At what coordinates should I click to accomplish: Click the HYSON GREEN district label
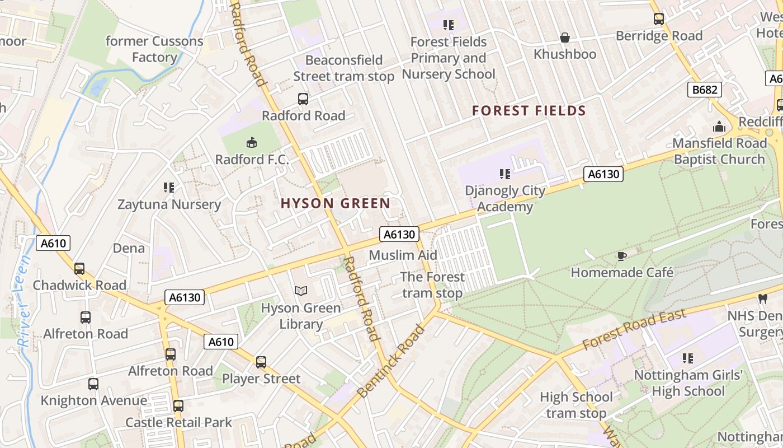point(335,203)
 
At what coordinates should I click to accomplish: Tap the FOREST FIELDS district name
point(529,110)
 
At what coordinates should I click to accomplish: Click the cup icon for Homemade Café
point(621,256)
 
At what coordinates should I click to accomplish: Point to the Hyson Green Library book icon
point(301,291)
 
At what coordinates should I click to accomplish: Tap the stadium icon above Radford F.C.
point(252,142)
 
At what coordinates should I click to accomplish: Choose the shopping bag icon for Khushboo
point(565,38)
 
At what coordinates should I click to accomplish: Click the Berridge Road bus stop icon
point(659,19)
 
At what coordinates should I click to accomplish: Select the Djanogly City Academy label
point(505,198)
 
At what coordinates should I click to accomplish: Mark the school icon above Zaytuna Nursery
point(169,187)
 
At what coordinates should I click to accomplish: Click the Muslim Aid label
point(403,255)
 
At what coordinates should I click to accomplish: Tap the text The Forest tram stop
point(432,284)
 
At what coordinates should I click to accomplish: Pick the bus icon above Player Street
point(261,362)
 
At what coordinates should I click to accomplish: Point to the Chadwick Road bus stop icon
point(79,268)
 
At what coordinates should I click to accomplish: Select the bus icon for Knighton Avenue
point(93,384)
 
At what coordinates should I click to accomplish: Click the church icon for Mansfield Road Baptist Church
point(719,127)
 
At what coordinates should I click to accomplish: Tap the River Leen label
point(23,305)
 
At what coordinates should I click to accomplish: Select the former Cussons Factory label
point(154,49)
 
